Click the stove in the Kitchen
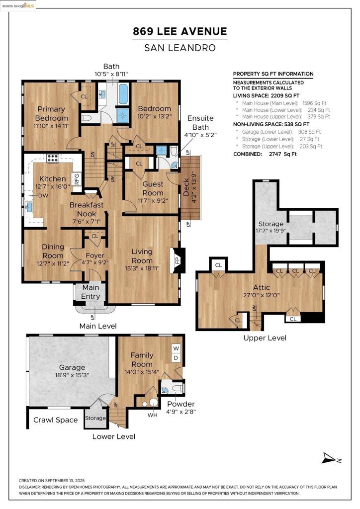(53, 158)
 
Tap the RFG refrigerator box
(77, 179)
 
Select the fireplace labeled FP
(178, 260)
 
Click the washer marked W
(176, 348)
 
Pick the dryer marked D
(176, 358)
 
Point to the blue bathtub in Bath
(123, 94)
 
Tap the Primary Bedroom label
(51, 114)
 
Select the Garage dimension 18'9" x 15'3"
(72, 375)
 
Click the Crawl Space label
(56, 420)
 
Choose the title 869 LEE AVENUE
(180, 31)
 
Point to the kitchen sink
(28, 207)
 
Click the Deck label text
(186, 187)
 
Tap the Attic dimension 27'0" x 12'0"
(262, 295)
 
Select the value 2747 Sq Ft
(283, 154)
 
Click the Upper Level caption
(265, 338)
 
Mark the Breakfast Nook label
(87, 209)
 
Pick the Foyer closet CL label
(95, 236)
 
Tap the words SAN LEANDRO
(180, 48)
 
